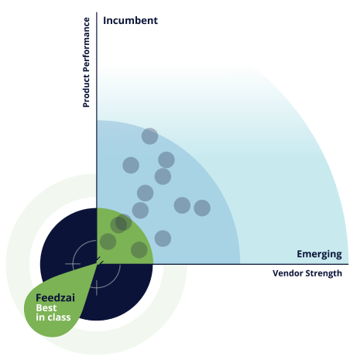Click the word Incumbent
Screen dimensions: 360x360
tap(130, 21)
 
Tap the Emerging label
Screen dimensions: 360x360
tap(319, 254)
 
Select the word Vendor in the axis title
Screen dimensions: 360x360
tap(288, 273)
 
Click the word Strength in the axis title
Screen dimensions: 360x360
tap(324, 273)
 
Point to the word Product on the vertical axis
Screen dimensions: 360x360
tap(86, 91)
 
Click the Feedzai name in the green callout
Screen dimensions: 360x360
tap(55, 298)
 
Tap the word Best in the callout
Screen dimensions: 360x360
tap(46, 308)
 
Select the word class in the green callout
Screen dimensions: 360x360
tap(59, 317)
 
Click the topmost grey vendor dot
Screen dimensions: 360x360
tap(150, 136)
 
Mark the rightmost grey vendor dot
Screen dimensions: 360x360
tap(202, 207)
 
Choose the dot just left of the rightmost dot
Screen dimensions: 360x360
tap(182, 205)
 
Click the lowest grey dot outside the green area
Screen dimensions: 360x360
tap(163, 238)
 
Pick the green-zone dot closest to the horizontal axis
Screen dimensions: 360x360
tap(139, 250)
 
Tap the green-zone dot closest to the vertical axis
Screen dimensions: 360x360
tap(108, 242)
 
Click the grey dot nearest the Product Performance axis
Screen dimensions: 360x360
tap(131, 165)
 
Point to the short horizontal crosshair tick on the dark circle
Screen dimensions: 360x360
tap(73, 264)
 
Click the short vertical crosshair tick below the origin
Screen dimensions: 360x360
tap(97, 288)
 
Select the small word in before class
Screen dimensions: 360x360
tap(40, 317)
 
